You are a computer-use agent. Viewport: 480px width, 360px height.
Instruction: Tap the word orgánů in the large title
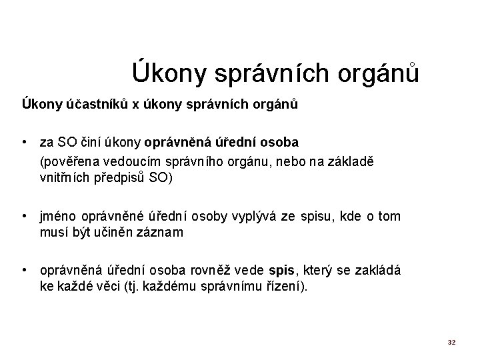tap(379, 72)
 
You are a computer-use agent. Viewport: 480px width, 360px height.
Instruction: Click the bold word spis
tap(281, 271)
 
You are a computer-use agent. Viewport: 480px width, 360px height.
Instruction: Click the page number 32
tap(451, 342)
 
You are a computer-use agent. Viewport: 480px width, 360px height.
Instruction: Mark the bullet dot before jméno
tap(23, 216)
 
